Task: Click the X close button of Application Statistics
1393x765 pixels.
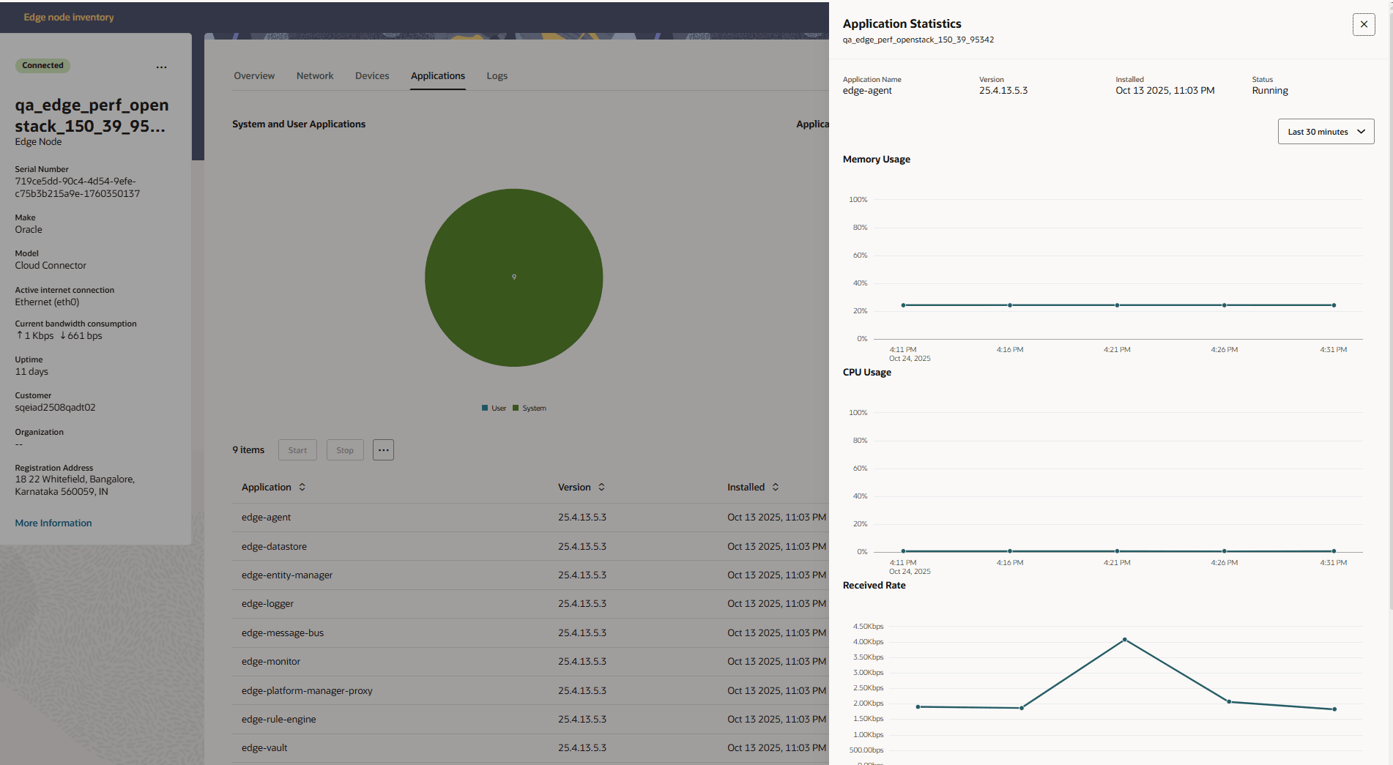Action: point(1363,24)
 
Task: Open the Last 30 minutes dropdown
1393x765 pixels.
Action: point(1326,132)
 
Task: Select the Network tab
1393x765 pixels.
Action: point(315,76)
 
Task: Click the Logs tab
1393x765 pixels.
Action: point(497,76)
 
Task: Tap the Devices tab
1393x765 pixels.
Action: point(372,76)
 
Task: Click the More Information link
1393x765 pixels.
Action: point(53,523)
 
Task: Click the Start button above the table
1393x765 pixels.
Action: point(297,450)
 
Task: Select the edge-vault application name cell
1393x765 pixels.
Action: point(264,747)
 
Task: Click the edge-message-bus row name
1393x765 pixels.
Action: point(283,632)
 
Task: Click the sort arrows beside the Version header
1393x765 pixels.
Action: point(601,487)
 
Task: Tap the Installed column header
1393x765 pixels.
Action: point(746,487)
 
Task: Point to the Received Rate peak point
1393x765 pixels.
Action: point(1125,640)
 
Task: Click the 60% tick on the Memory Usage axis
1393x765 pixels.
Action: point(860,255)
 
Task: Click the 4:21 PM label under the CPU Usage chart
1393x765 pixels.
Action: point(1117,563)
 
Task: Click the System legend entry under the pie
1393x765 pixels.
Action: point(533,408)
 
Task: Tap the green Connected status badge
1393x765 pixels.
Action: point(42,66)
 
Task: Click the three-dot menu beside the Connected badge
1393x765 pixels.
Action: point(161,67)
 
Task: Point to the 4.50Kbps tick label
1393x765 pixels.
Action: point(868,627)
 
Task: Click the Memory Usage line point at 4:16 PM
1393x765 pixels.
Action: point(1010,305)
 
